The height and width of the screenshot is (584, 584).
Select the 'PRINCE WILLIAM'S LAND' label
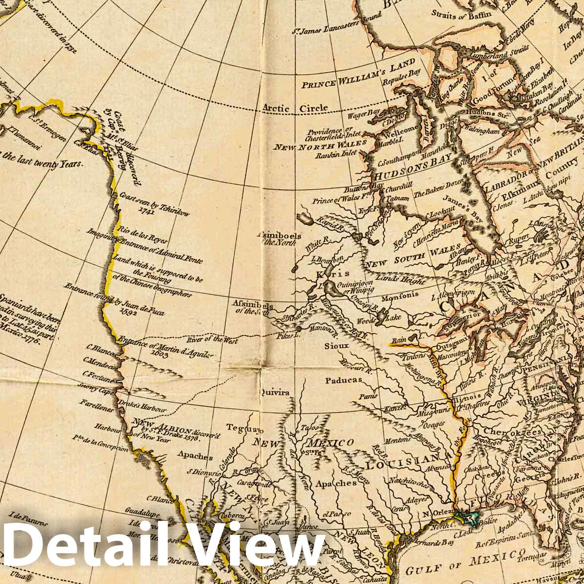pos(358,75)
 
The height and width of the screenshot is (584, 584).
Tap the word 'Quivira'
pos(274,392)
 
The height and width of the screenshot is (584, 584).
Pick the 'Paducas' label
pos(344,380)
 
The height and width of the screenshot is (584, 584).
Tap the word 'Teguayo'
pos(244,428)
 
